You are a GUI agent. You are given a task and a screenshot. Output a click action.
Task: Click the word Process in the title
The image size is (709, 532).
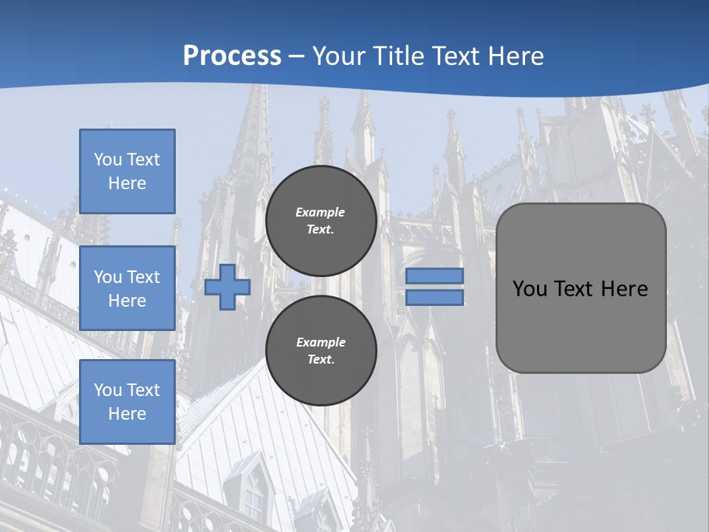[232, 56]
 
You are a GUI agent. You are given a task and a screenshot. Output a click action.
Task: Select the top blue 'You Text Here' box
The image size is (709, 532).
[127, 171]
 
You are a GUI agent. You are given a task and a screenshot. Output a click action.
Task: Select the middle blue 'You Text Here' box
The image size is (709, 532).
[127, 288]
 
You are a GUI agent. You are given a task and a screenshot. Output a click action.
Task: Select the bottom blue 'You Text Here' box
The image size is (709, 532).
[127, 402]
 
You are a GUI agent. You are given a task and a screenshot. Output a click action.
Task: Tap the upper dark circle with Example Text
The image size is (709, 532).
[321, 221]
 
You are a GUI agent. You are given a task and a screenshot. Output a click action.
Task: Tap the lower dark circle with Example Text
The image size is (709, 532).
[321, 351]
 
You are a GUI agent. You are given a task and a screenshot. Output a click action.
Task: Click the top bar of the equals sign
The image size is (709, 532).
[434, 276]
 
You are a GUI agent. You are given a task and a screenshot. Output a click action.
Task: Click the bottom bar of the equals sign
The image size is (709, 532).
[434, 298]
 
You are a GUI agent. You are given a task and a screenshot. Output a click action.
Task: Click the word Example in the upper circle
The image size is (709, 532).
[320, 212]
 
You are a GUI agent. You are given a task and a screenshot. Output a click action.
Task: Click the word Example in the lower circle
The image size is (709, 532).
[321, 342]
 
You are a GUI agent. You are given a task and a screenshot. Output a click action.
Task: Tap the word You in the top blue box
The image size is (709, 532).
[107, 160]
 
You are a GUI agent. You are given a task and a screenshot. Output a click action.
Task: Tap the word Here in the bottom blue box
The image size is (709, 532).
[127, 414]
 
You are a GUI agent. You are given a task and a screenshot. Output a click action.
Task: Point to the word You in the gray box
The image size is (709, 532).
[530, 289]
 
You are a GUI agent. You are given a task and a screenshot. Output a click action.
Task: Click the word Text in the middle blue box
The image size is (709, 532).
[143, 277]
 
